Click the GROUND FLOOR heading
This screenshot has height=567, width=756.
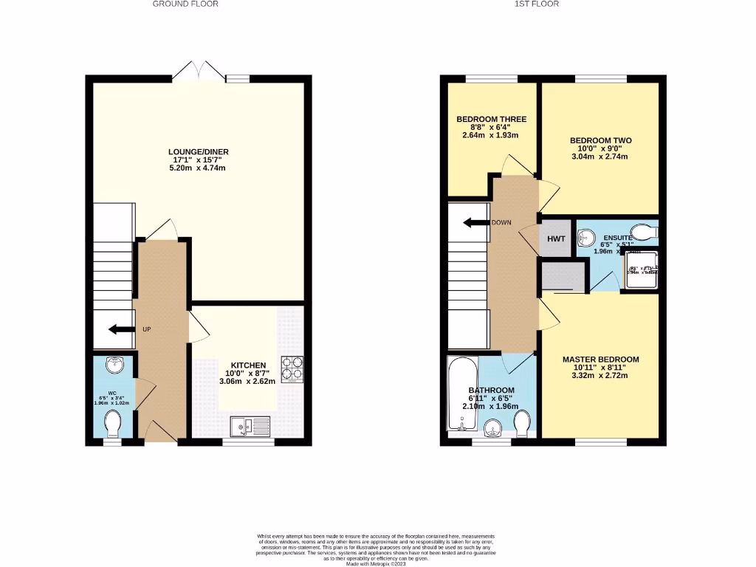point(185,4)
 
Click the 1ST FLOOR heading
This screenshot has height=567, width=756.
point(537,4)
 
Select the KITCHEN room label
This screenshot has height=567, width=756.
point(248,365)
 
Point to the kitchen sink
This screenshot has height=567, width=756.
point(250,426)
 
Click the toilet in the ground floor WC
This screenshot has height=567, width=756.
point(113,424)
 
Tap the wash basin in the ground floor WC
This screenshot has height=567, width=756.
point(114,365)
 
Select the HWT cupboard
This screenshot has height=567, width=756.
point(555,238)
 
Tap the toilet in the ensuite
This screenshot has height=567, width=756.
point(646,233)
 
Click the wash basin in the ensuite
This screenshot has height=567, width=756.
point(588,237)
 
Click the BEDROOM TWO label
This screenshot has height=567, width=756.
point(600,140)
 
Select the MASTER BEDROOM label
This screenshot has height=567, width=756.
point(600,360)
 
